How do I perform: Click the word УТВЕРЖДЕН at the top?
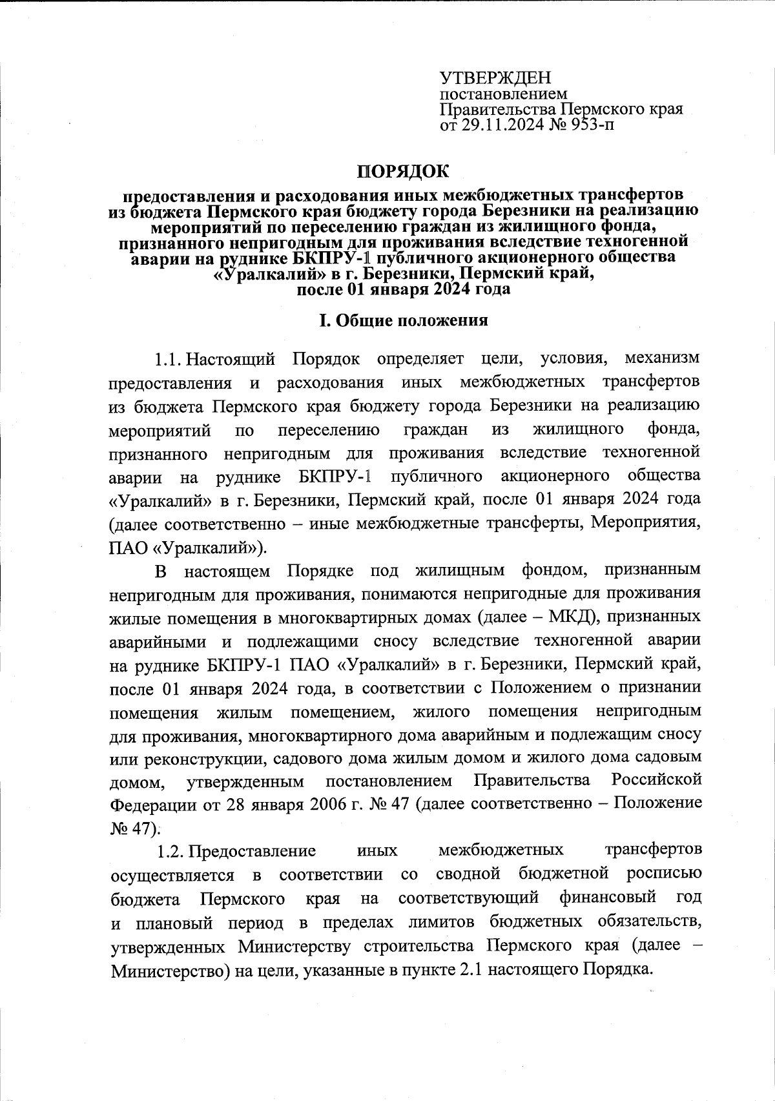pyautogui.click(x=495, y=78)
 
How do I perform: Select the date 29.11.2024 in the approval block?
pyautogui.click(x=502, y=124)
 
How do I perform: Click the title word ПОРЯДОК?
pyautogui.click(x=403, y=172)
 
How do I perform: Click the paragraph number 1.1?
pyautogui.click(x=169, y=359)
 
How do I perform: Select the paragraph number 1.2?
pyautogui.click(x=169, y=850)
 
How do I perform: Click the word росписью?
pyautogui.click(x=664, y=874)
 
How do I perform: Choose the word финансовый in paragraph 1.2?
pyautogui.click(x=608, y=898)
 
